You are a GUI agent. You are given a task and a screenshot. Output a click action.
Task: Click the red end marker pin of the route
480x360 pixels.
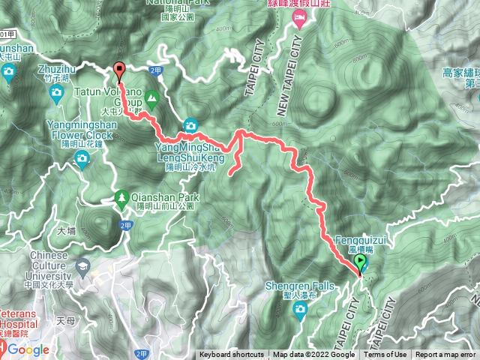tap(119, 70)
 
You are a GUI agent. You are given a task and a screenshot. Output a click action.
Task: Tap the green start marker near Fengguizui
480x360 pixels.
tap(360, 263)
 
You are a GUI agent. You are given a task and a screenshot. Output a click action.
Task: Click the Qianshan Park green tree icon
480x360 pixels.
tap(121, 198)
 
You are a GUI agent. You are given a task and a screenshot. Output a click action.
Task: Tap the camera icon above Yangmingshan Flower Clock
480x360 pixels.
tap(80, 156)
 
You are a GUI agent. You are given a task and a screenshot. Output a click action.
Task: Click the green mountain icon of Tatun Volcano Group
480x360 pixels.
tap(152, 96)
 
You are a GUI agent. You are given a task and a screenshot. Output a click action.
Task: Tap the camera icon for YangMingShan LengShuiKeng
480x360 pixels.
tap(190, 124)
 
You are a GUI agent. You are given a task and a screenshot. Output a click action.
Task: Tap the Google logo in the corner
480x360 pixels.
tap(28, 349)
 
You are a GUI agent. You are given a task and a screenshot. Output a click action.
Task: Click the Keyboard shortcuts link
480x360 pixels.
tap(231, 355)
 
